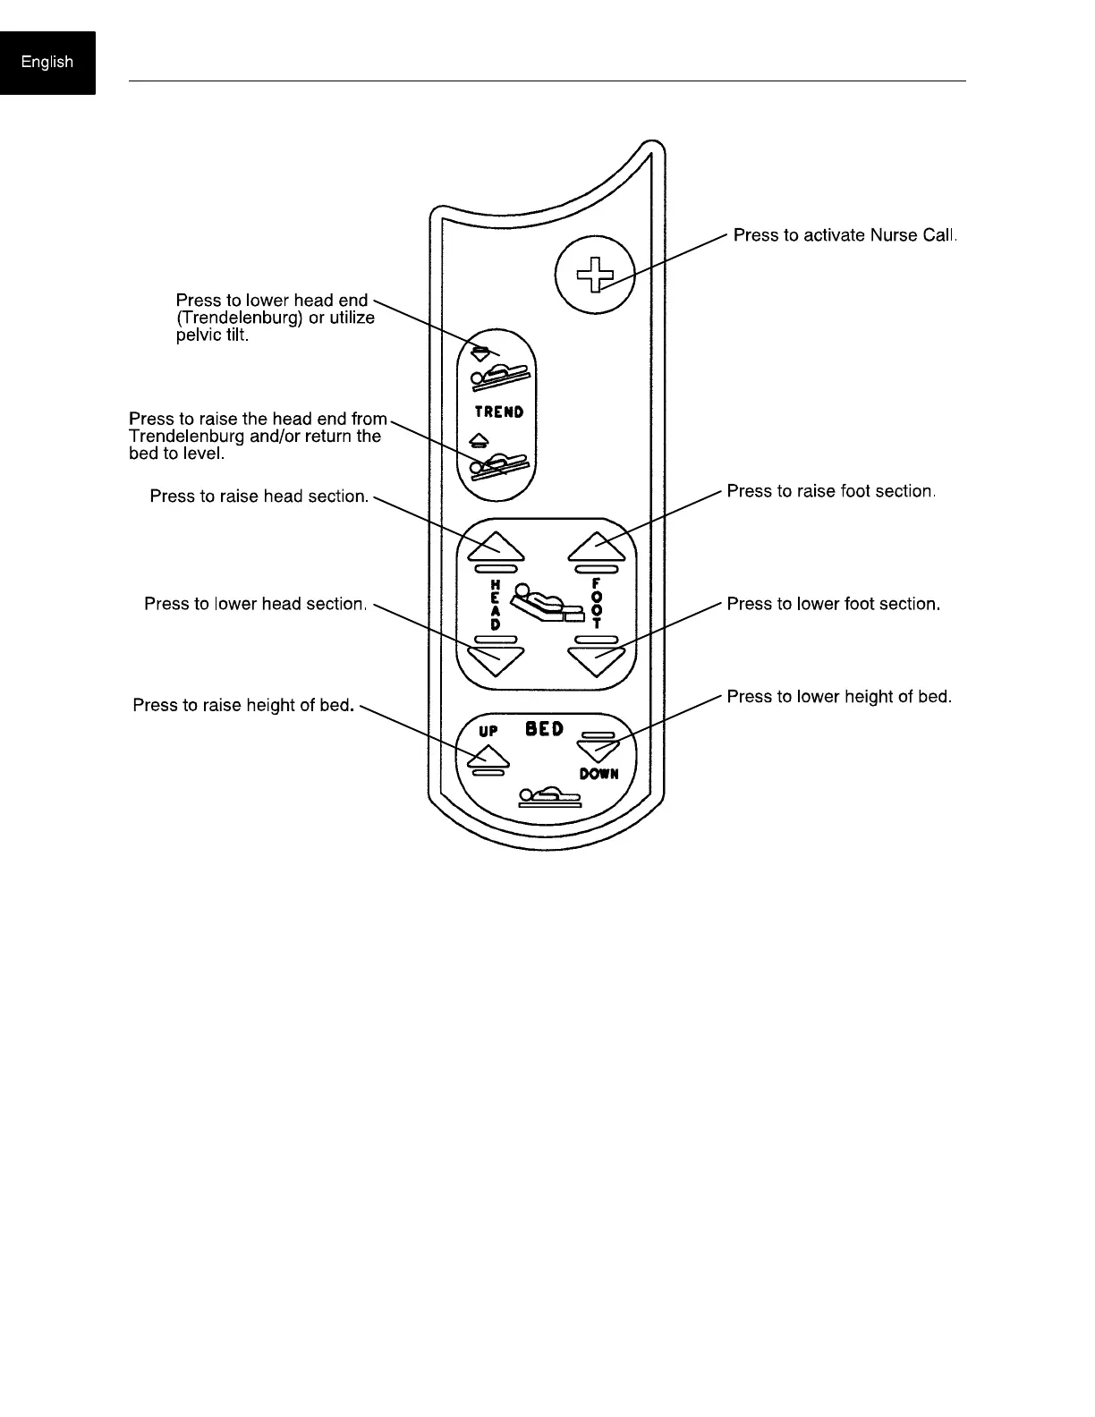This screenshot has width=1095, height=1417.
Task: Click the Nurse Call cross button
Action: pyautogui.click(x=595, y=274)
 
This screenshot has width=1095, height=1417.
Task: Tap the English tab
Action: pyautogui.click(x=47, y=62)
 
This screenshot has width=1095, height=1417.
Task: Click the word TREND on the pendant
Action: pyautogui.click(x=499, y=412)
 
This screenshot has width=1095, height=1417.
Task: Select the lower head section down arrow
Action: pyautogui.click(x=496, y=660)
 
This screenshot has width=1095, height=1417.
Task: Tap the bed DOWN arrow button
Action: pyautogui.click(x=598, y=748)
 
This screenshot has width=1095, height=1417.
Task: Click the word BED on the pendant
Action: pyautogui.click(x=544, y=729)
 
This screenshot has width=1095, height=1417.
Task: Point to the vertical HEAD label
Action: pyautogui.click(x=496, y=604)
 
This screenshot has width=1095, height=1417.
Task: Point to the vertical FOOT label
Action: pyautogui.click(x=597, y=604)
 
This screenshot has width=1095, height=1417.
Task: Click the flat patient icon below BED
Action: pyautogui.click(x=550, y=796)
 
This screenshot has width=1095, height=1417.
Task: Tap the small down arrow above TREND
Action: pyautogui.click(x=480, y=352)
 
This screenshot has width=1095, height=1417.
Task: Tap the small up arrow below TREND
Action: pyautogui.click(x=480, y=439)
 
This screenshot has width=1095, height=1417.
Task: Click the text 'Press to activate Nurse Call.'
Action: pyautogui.click(x=845, y=235)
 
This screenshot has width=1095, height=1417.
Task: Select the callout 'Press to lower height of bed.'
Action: pyautogui.click(x=838, y=696)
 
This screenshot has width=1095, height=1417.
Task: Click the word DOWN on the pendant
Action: pyautogui.click(x=598, y=774)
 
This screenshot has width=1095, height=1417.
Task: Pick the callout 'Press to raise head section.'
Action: pyautogui.click(x=259, y=496)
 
